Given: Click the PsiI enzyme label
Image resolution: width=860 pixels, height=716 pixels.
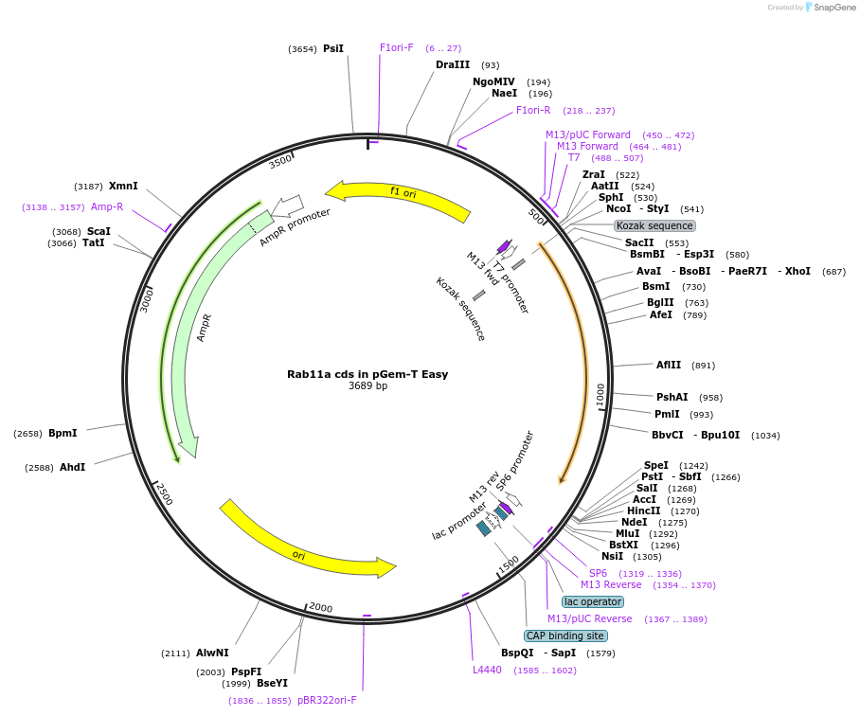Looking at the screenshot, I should click(x=333, y=48).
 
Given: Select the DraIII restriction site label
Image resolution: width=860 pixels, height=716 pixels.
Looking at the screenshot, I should click(x=453, y=65).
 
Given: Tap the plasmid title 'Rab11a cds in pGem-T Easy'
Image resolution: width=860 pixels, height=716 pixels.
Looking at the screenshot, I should click(x=367, y=374).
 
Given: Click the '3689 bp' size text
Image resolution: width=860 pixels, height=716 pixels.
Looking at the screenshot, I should click(x=367, y=386).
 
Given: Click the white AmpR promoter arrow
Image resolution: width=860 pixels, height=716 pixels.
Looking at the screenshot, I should click(x=287, y=205).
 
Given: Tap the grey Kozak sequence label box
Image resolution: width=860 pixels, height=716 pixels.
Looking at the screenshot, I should click(x=654, y=225).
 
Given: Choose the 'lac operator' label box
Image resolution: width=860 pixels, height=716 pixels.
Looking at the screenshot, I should click(x=593, y=601).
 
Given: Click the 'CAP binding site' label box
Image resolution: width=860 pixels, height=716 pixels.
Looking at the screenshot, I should click(x=565, y=635).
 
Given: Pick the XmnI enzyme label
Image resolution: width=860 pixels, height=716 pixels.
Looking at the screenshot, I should click(x=123, y=186).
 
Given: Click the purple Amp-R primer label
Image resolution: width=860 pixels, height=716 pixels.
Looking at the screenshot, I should click(x=107, y=206).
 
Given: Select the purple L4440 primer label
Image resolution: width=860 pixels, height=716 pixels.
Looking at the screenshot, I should click(x=488, y=670).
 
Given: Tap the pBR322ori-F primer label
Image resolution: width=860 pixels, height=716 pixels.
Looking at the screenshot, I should click(x=327, y=700).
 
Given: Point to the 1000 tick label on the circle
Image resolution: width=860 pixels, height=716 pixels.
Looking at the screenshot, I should click(x=600, y=395).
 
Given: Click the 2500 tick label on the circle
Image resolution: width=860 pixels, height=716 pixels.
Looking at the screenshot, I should click(x=164, y=493).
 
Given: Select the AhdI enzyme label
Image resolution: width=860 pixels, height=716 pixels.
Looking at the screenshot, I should click(x=73, y=467).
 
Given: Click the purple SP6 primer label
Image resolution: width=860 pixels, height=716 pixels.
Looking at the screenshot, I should click(x=598, y=573).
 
